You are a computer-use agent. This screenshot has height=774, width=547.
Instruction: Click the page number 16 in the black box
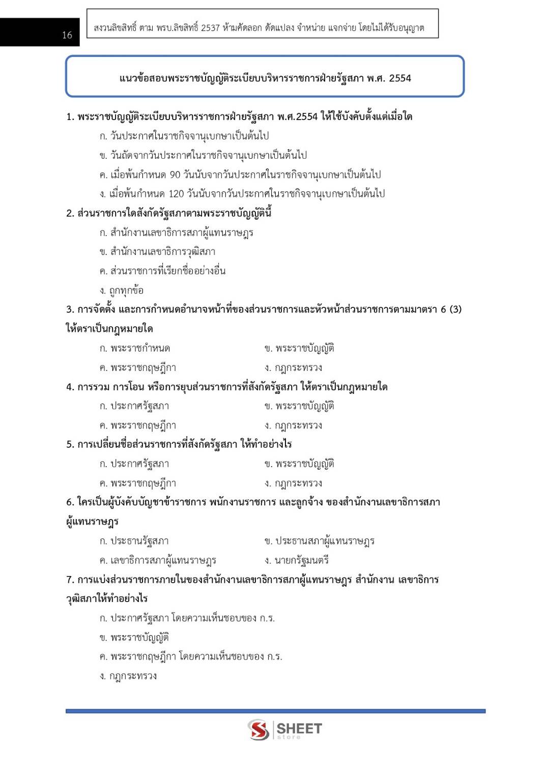[x=67, y=35]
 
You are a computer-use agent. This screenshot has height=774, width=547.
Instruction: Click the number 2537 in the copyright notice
[x=210, y=28]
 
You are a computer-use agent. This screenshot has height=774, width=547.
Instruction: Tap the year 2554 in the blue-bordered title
[x=400, y=78]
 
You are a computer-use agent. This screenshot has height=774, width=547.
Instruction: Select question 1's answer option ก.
[x=184, y=136]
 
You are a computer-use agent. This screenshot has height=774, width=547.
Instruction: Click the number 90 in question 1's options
[x=175, y=175]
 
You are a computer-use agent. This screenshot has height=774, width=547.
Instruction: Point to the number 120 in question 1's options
[x=176, y=194]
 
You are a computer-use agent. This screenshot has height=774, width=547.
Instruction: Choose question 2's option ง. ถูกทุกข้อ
[x=122, y=291]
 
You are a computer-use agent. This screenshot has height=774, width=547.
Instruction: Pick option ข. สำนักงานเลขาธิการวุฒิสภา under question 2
[x=158, y=252]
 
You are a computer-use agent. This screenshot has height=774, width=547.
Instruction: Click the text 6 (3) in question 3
[x=451, y=309]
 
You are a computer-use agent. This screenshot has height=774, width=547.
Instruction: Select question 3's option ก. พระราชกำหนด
[x=135, y=349]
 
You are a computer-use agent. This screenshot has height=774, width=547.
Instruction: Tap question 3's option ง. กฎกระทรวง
[x=293, y=368]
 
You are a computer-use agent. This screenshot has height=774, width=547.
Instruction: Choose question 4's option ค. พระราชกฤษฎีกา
[x=138, y=425]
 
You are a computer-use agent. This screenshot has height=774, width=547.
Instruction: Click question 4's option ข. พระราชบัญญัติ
[x=299, y=406]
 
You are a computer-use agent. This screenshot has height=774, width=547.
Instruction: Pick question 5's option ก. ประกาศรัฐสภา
[x=134, y=464]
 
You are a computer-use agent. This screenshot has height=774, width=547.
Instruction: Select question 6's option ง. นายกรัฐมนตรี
[x=297, y=560]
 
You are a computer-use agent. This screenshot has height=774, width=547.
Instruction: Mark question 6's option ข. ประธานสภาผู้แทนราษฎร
[x=320, y=541]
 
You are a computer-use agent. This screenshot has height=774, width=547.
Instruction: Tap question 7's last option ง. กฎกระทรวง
[x=128, y=676]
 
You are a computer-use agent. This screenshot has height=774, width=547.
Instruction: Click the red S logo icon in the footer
[x=258, y=730]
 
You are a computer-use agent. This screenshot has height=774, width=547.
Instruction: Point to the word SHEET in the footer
[x=299, y=729]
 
